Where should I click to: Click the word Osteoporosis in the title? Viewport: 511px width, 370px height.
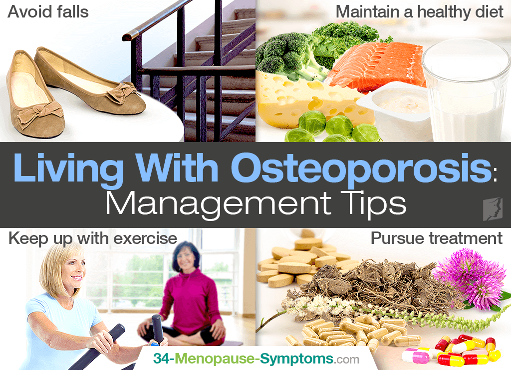(361, 168)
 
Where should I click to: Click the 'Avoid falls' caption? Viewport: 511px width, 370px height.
(48, 12)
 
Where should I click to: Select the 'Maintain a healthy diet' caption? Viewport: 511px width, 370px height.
(419, 12)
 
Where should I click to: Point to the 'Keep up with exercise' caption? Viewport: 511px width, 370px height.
(93, 239)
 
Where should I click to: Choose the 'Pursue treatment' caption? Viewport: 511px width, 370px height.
(436, 238)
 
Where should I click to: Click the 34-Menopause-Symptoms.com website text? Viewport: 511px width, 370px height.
(256, 358)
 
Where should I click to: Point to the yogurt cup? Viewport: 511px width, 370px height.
(396, 109)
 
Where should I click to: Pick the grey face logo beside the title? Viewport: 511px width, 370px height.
(493, 209)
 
